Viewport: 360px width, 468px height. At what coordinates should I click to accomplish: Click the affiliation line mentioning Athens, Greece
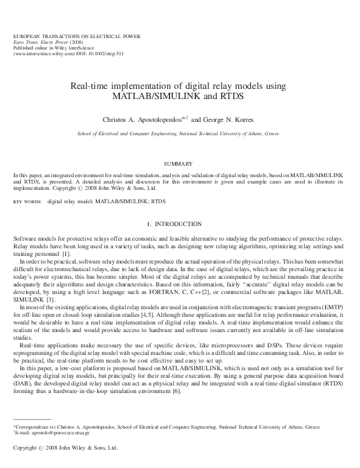coord(178,135)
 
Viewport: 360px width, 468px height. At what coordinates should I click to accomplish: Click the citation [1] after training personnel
coord(51,254)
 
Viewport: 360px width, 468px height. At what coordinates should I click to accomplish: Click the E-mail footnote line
coord(51,432)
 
